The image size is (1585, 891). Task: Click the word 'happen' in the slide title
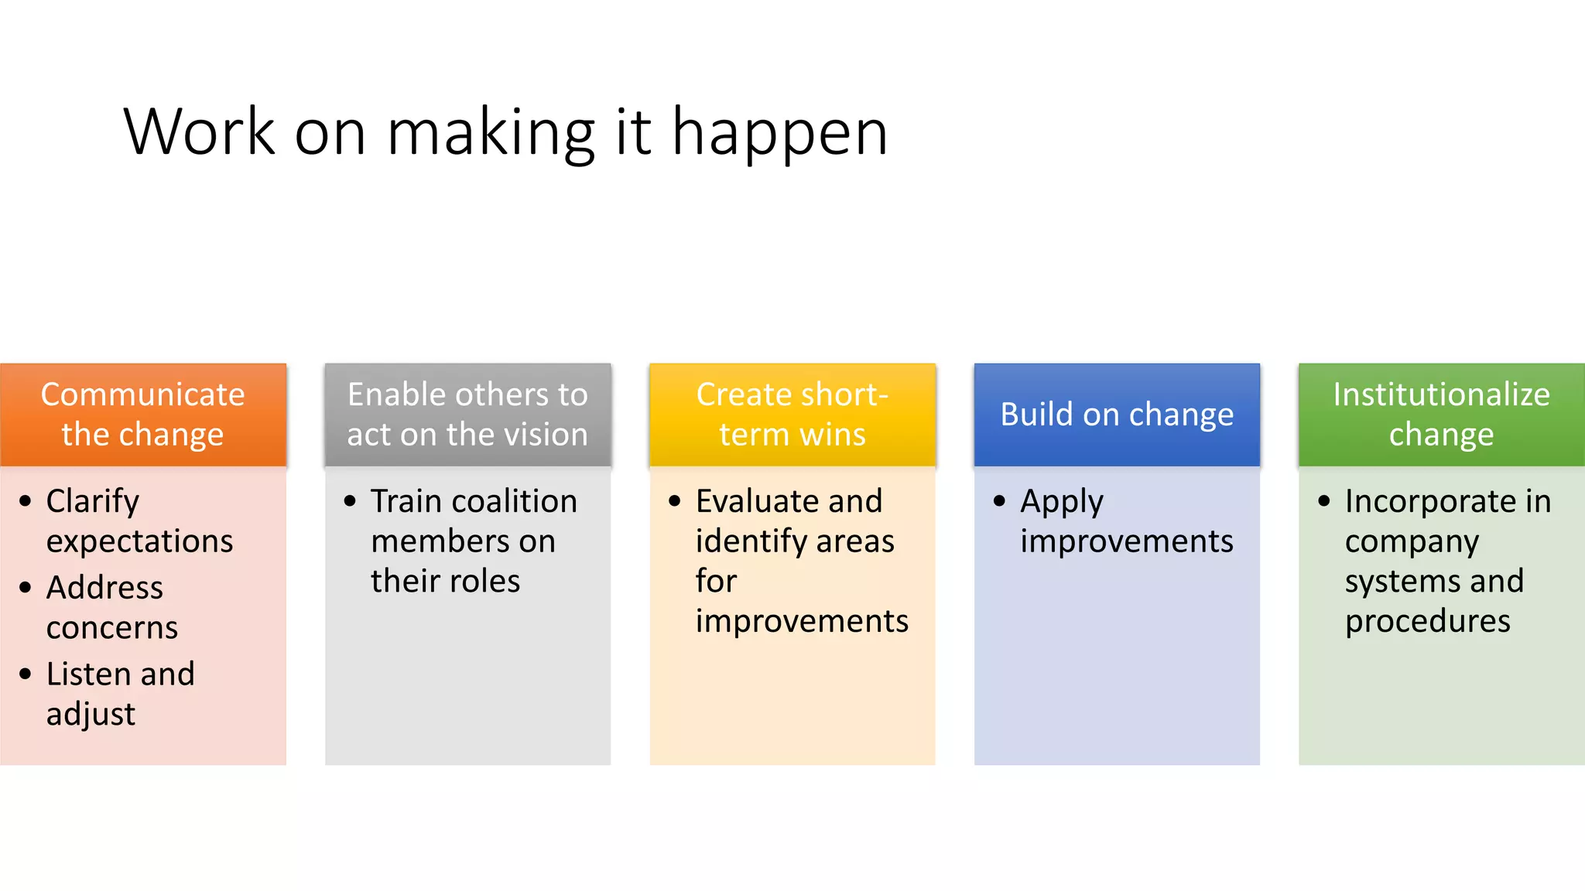[779, 134]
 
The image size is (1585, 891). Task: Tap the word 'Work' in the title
[199, 132]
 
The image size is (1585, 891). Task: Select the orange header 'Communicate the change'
[143, 415]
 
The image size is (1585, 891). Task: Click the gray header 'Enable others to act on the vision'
[467, 415]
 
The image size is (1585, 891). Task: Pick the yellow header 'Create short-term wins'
[792, 415]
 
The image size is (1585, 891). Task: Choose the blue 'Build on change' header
[1116, 415]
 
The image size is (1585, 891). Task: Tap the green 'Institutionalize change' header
[1441, 415]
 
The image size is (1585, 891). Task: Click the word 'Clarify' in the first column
[93, 502]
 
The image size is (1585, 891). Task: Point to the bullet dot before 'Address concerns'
[26, 588]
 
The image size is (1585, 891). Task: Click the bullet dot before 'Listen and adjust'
[26, 674]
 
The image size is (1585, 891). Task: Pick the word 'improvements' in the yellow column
[802, 621]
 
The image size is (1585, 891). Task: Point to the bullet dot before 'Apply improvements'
[1000, 501]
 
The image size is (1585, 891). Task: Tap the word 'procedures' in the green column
[1427, 622]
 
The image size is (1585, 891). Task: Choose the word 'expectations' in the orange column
[139, 541]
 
